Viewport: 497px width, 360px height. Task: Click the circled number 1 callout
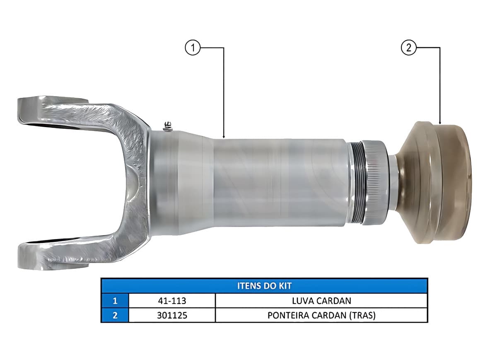[193, 48]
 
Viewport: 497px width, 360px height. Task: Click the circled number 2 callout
[409, 48]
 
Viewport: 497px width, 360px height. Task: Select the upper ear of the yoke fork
[53, 111]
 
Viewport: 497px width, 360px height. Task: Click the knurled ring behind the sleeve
[375, 182]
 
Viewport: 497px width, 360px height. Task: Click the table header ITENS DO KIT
[264, 286]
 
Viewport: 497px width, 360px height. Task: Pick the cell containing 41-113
[172, 301]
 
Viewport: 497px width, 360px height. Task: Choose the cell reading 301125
[172, 315]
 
